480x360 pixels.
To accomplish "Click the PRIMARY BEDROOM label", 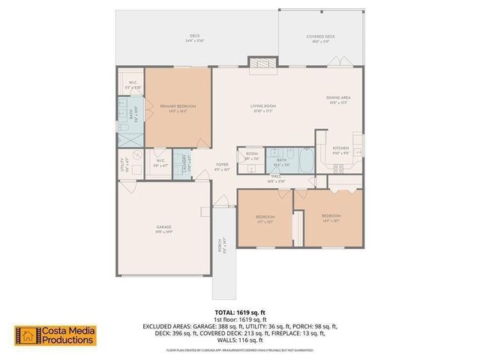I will pos(178,106).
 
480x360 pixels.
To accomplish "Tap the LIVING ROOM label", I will pos(263,106).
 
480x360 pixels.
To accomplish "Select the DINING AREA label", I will pos(338,98).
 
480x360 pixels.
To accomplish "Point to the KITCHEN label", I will pos(341,148).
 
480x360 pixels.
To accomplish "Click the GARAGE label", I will pos(164,226).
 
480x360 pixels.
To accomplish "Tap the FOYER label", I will pos(223,164).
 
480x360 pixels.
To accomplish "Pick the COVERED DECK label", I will pos(320,37).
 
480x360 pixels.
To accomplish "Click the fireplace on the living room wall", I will pos(262,64).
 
